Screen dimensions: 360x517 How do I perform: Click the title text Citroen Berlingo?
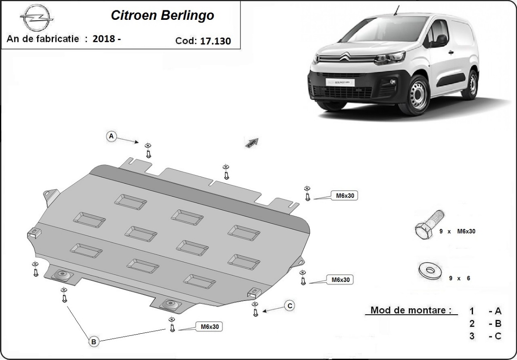pos(162,16)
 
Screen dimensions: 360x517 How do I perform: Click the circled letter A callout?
pos(111,136)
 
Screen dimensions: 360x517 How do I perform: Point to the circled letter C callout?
pos(290,306)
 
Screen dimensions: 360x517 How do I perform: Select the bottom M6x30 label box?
pos(209,327)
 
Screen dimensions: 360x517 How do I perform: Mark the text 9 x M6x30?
pos(457,232)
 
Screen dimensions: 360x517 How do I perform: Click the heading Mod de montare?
pos(411,310)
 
